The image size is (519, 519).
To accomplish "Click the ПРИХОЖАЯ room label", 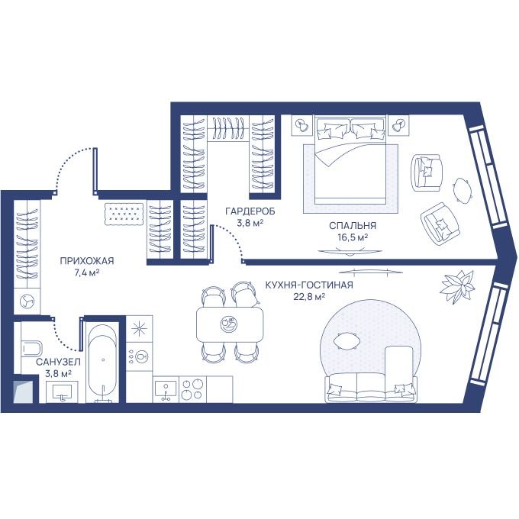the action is pos(87,261).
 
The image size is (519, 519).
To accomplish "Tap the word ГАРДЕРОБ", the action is pos(250,211).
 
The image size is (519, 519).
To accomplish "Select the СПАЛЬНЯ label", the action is pos(353,225).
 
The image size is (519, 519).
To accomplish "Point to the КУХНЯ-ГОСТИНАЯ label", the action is pos(309,285).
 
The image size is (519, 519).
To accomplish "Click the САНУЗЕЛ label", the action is pos(58,362).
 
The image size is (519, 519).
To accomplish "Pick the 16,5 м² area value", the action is pos(353,237).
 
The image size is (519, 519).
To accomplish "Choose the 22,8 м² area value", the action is pos(309,297).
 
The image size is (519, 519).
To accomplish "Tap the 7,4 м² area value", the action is pos(87,272).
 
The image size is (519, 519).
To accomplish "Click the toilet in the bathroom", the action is pos(31,348).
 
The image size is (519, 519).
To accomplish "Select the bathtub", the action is pos(102,363).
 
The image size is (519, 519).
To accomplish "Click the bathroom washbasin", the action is pos(63,392).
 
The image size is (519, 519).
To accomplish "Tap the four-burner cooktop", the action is pos(192,389).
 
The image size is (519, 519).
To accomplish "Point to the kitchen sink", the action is pos(166,389).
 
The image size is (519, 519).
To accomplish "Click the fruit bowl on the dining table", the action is pos(229,324).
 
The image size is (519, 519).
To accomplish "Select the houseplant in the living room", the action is pos(458,286).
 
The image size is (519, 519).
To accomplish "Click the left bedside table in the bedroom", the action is pos(302,125).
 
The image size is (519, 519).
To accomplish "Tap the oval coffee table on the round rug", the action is pos(346,341).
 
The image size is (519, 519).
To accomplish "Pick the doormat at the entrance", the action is pos(124,214).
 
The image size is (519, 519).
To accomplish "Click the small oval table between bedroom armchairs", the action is pos(462,189).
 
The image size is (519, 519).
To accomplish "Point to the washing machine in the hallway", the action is pos(27,301).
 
